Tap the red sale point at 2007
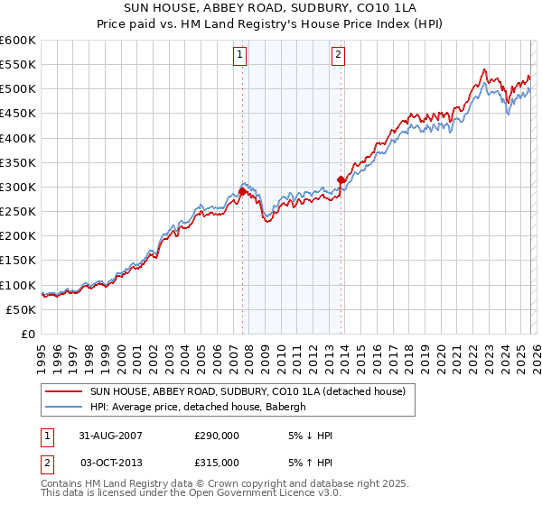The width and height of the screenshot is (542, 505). [x=243, y=192]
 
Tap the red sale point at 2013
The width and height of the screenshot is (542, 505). [x=341, y=179]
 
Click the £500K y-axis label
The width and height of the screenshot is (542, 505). [x=18, y=88]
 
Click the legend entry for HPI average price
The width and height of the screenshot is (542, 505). [x=198, y=408]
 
